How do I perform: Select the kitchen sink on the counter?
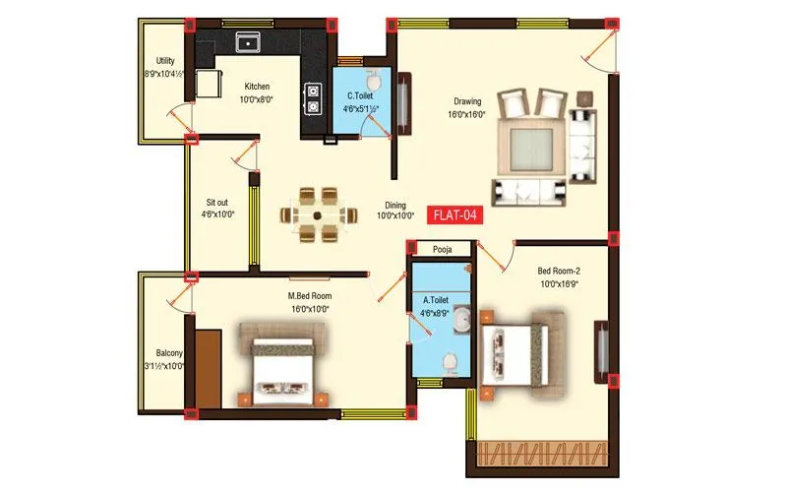246,41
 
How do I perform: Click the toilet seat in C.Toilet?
375,82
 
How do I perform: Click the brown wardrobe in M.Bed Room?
208,368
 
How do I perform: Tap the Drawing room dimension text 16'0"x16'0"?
467,114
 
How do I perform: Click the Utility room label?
165,61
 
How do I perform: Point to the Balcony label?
168,353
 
